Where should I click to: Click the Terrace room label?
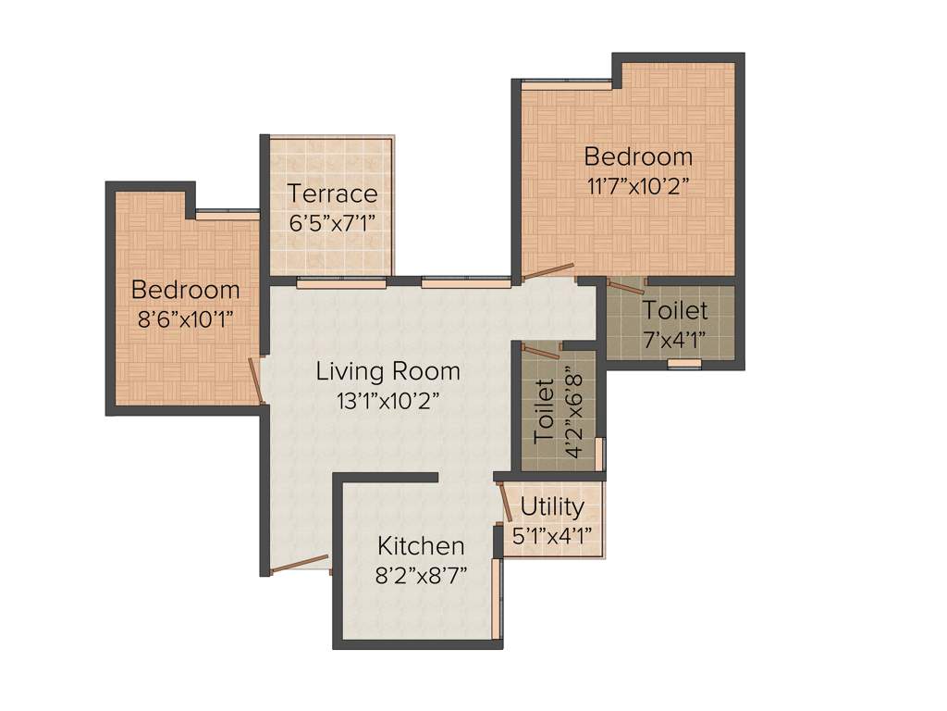(x=332, y=193)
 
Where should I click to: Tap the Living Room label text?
(x=387, y=372)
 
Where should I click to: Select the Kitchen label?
(x=421, y=545)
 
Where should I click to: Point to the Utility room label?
(x=552, y=507)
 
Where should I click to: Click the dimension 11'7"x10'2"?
(x=638, y=184)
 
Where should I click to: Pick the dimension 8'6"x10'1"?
(x=185, y=318)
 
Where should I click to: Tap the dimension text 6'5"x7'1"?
(x=332, y=223)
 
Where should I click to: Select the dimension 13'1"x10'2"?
(x=387, y=401)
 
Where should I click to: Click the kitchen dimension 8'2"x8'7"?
(x=421, y=574)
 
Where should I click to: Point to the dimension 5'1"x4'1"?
(x=552, y=535)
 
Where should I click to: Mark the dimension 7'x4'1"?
(x=675, y=338)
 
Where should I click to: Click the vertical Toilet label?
(x=544, y=408)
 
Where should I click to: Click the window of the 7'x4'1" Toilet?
(x=684, y=364)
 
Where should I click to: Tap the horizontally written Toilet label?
(x=675, y=309)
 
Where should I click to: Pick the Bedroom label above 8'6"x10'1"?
(x=185, y=290)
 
